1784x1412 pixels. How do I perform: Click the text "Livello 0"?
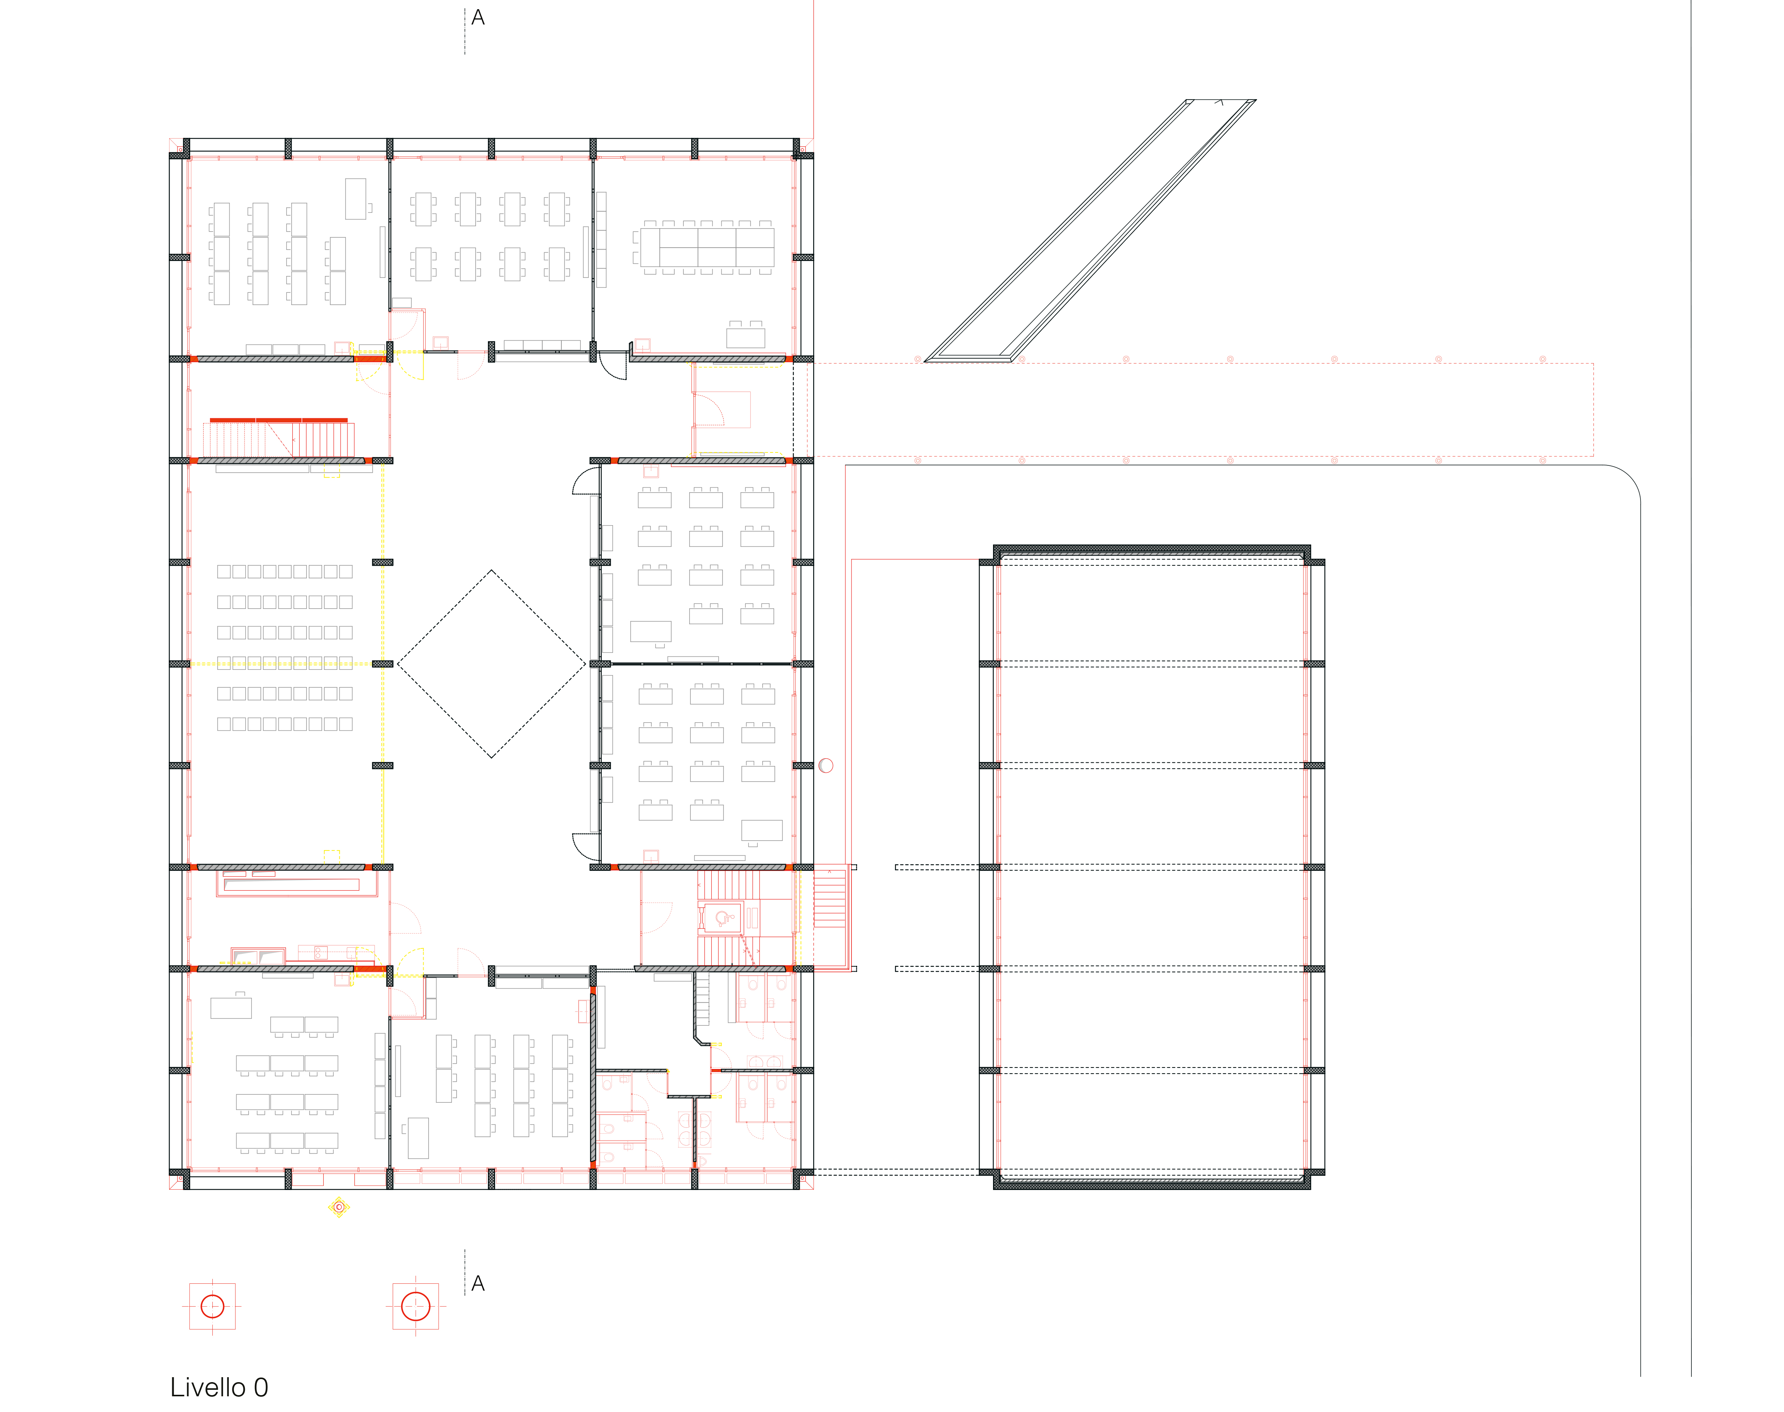[x=219, y=1387]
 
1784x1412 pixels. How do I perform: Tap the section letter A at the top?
[x=478, y=17]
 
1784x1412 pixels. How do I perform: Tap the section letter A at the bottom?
[x=478, y=1284]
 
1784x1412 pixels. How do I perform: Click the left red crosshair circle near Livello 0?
[x=212, y=1306]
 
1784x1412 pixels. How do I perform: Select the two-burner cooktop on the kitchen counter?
[x=321, y=952]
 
